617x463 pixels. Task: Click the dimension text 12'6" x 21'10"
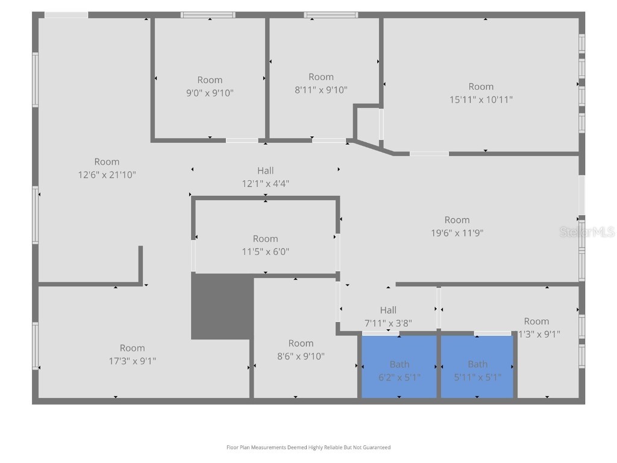pos(107,175)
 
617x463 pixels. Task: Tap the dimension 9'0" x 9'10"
pos(210,93)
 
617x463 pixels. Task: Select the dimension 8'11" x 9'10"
pos(321,90)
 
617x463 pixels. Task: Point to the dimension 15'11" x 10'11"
pos(481,99)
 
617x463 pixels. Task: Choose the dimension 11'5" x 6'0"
pos(265,252)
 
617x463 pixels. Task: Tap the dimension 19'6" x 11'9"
pos(457,233)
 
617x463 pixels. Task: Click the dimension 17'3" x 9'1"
pos(132,361)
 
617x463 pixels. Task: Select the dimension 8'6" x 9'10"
pos(301,356)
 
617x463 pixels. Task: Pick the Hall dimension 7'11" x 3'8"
pos(388,323)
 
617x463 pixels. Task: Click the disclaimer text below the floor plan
pos(308,447)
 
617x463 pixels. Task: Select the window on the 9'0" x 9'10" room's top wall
pos(208,15)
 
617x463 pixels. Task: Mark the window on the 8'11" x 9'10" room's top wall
pos(331,15)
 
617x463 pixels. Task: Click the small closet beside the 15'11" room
pos(367,125)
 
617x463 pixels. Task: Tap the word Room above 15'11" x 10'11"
pos(481,87)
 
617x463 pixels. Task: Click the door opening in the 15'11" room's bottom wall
pos(429,154)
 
